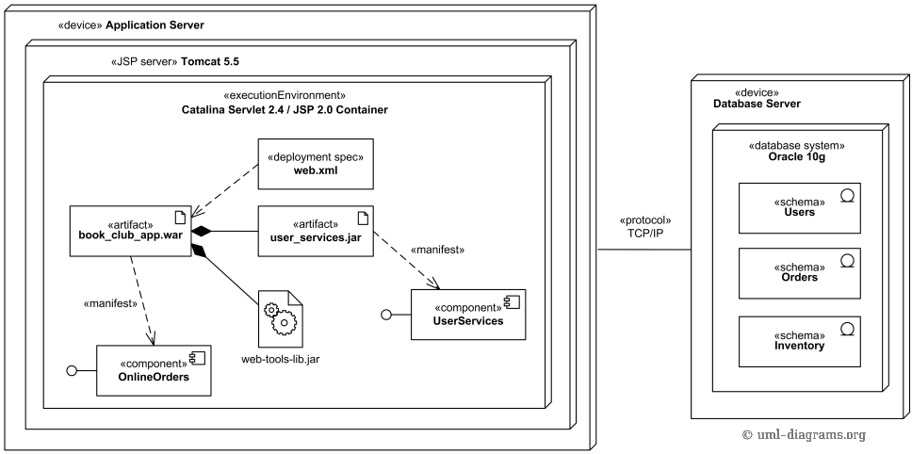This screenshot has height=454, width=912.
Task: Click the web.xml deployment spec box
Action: point(316,163)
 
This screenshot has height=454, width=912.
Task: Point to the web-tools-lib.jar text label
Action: point(281,359)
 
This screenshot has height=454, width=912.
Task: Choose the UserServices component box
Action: point(467,315)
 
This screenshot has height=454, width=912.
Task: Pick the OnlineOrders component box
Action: point(153,370)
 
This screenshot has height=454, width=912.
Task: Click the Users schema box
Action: point(799,207)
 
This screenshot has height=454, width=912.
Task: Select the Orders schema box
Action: point(799,272)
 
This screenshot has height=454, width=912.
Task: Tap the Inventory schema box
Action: point(799,340)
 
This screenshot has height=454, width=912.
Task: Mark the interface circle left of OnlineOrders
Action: point(71,371)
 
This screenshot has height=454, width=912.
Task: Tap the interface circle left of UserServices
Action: point(385,315)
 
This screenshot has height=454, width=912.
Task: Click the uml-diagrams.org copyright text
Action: point(804,434)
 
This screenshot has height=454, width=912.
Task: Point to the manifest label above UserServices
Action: point(437,250)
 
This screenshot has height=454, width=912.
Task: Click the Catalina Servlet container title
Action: point(285,109)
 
